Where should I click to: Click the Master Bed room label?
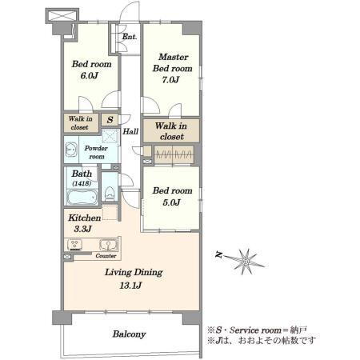pos(173,62)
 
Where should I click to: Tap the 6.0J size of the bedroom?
pos(90,76)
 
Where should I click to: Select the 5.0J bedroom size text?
pos(171,202)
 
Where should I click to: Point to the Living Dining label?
pos(134,272)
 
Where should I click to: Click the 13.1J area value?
pos(130,286)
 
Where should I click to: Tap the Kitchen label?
pos(85,218)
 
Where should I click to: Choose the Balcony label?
pos(129,334)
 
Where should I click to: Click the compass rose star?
pos(246,262)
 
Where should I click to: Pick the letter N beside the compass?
pos(218,254)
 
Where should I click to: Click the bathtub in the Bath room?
pos(82,198)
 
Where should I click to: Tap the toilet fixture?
pos(110,194)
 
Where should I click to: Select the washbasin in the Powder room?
pos(71,150)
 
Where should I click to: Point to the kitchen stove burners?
pos(75,245)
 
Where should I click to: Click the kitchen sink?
pos(108,245)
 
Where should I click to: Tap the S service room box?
pos(110,120)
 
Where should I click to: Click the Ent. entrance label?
pos(130,37)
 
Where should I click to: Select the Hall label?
pos(130,131)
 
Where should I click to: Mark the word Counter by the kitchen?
pos(106,256)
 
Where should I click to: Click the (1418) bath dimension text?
pos(82,183)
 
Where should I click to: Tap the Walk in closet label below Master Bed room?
pos(171,131)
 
